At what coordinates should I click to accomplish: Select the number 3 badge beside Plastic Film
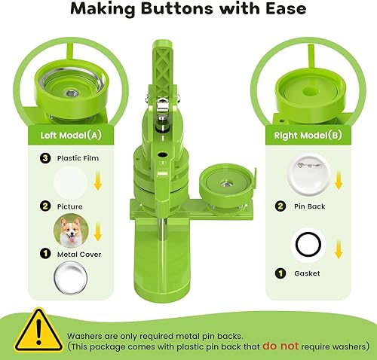pyautogui.click(x=45, y=159)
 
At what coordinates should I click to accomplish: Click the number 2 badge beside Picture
pyautogui.click(x=45, y=206)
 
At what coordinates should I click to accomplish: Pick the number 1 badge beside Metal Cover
pyautogui.click(x=45, y=255)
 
